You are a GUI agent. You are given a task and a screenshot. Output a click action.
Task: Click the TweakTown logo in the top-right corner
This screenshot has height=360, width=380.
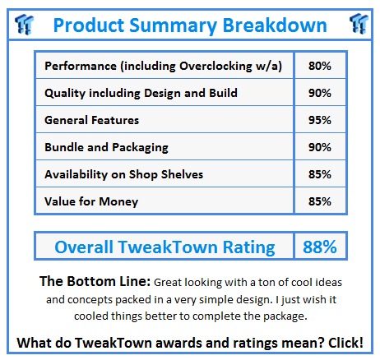point(357,23)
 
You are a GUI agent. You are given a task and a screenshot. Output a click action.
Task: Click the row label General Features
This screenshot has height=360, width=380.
point(92,120)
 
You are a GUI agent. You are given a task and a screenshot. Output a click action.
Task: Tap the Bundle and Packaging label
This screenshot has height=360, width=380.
point(107,147)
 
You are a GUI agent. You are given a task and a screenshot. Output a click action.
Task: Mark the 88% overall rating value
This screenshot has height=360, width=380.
point(318,247)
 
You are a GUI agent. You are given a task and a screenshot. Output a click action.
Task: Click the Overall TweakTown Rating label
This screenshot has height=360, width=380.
point(165,247)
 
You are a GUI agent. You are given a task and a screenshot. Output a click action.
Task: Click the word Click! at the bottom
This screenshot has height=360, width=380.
point(346,343)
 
